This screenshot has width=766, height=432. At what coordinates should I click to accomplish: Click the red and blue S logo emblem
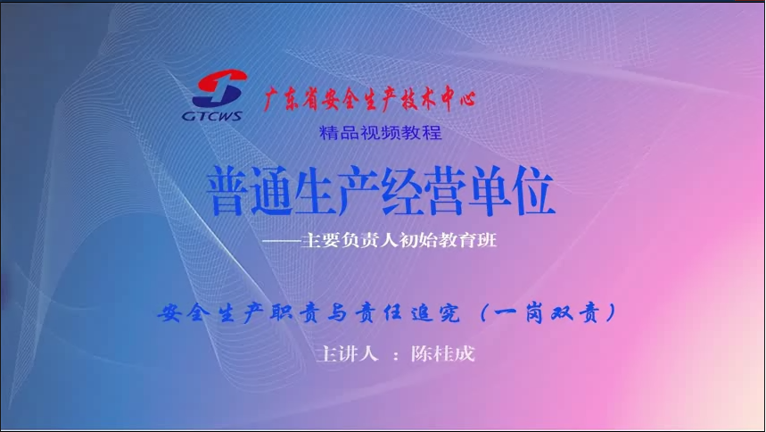[219, 88]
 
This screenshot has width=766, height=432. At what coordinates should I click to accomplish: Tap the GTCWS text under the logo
[212, 116]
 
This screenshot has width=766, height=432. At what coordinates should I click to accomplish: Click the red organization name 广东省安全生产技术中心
[369, 98]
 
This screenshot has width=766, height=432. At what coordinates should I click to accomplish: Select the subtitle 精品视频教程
[381, 133]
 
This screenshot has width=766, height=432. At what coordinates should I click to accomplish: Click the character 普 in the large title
[227, 191]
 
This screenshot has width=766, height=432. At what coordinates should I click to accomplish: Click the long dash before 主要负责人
[282, 241]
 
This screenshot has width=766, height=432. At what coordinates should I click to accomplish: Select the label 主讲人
[348, 353]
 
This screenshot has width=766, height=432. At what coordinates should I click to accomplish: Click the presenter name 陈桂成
[442, 353]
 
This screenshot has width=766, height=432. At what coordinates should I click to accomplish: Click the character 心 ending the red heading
[465, 98]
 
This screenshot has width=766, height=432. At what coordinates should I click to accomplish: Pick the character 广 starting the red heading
[274, 99]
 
